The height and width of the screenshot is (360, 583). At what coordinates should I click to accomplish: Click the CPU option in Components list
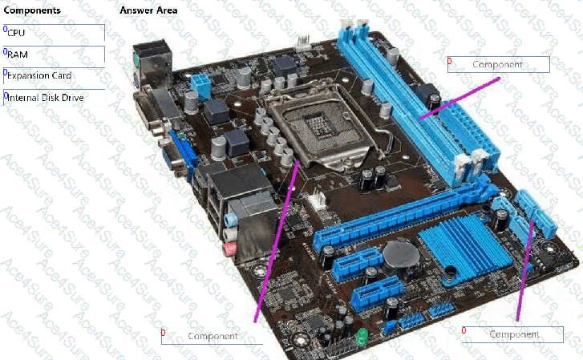[x=54, y=33]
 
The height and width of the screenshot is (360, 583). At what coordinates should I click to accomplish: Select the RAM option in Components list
[x=54, y=55]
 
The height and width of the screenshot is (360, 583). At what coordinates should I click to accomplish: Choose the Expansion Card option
[x=54, y=76]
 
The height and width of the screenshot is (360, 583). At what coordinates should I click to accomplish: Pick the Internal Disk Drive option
[x=54, y=98]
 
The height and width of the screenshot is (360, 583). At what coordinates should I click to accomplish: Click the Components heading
[x=32, y=10]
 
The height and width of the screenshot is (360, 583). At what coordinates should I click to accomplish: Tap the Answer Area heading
[x=148, y=10]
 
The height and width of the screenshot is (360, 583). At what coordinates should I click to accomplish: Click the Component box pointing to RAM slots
[x=498, y=64]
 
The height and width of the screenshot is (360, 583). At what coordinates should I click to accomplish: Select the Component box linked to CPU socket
[x=212, y=336]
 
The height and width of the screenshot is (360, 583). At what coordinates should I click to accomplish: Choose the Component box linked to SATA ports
[x=512, y=334]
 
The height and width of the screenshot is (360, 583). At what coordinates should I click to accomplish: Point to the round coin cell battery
[x=400, y=255]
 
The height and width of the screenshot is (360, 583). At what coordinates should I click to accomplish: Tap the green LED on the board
[x=362, y=337]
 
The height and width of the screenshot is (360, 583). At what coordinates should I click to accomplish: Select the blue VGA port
[x=182, y=153]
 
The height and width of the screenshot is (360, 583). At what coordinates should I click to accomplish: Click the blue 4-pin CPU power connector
[x=200, y=87]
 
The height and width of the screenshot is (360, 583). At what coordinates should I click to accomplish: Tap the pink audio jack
[x=230, y=249]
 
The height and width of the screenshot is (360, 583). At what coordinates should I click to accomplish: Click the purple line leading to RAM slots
[x=460, y=98]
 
